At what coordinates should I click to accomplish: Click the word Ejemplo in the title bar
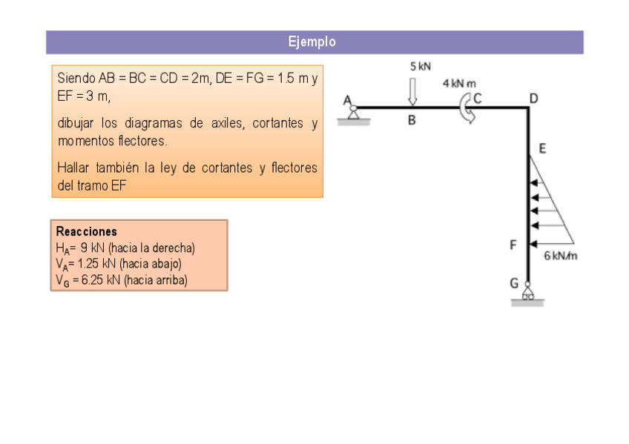tap(312, 42)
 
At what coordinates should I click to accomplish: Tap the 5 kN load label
tap(420, 66)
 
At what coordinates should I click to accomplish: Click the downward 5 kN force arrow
tap(413, 90)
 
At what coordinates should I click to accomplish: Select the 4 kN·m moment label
tap(459, 84)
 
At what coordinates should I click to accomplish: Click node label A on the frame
tap(346, 99)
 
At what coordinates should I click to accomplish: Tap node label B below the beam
tap(412, 121)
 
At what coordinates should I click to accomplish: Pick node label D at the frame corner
tap(533, 98)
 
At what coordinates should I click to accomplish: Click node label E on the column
tap(542, 148)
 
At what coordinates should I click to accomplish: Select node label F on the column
tap(513, 245)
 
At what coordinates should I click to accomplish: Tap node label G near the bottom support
tap(514, 283)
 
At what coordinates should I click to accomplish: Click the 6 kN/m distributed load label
tap(561, 256)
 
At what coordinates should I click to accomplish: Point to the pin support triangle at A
tap(354, 113)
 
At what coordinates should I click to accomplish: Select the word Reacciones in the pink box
tap(86, 231)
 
